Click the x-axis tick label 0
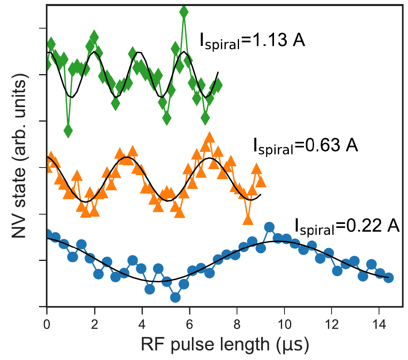47,323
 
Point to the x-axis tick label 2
95,323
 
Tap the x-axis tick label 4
142,323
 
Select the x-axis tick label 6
189,323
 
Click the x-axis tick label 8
237,323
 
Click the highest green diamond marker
184,12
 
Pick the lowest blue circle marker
175,297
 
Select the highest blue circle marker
269,227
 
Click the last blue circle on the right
388,277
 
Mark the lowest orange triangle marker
248,219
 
